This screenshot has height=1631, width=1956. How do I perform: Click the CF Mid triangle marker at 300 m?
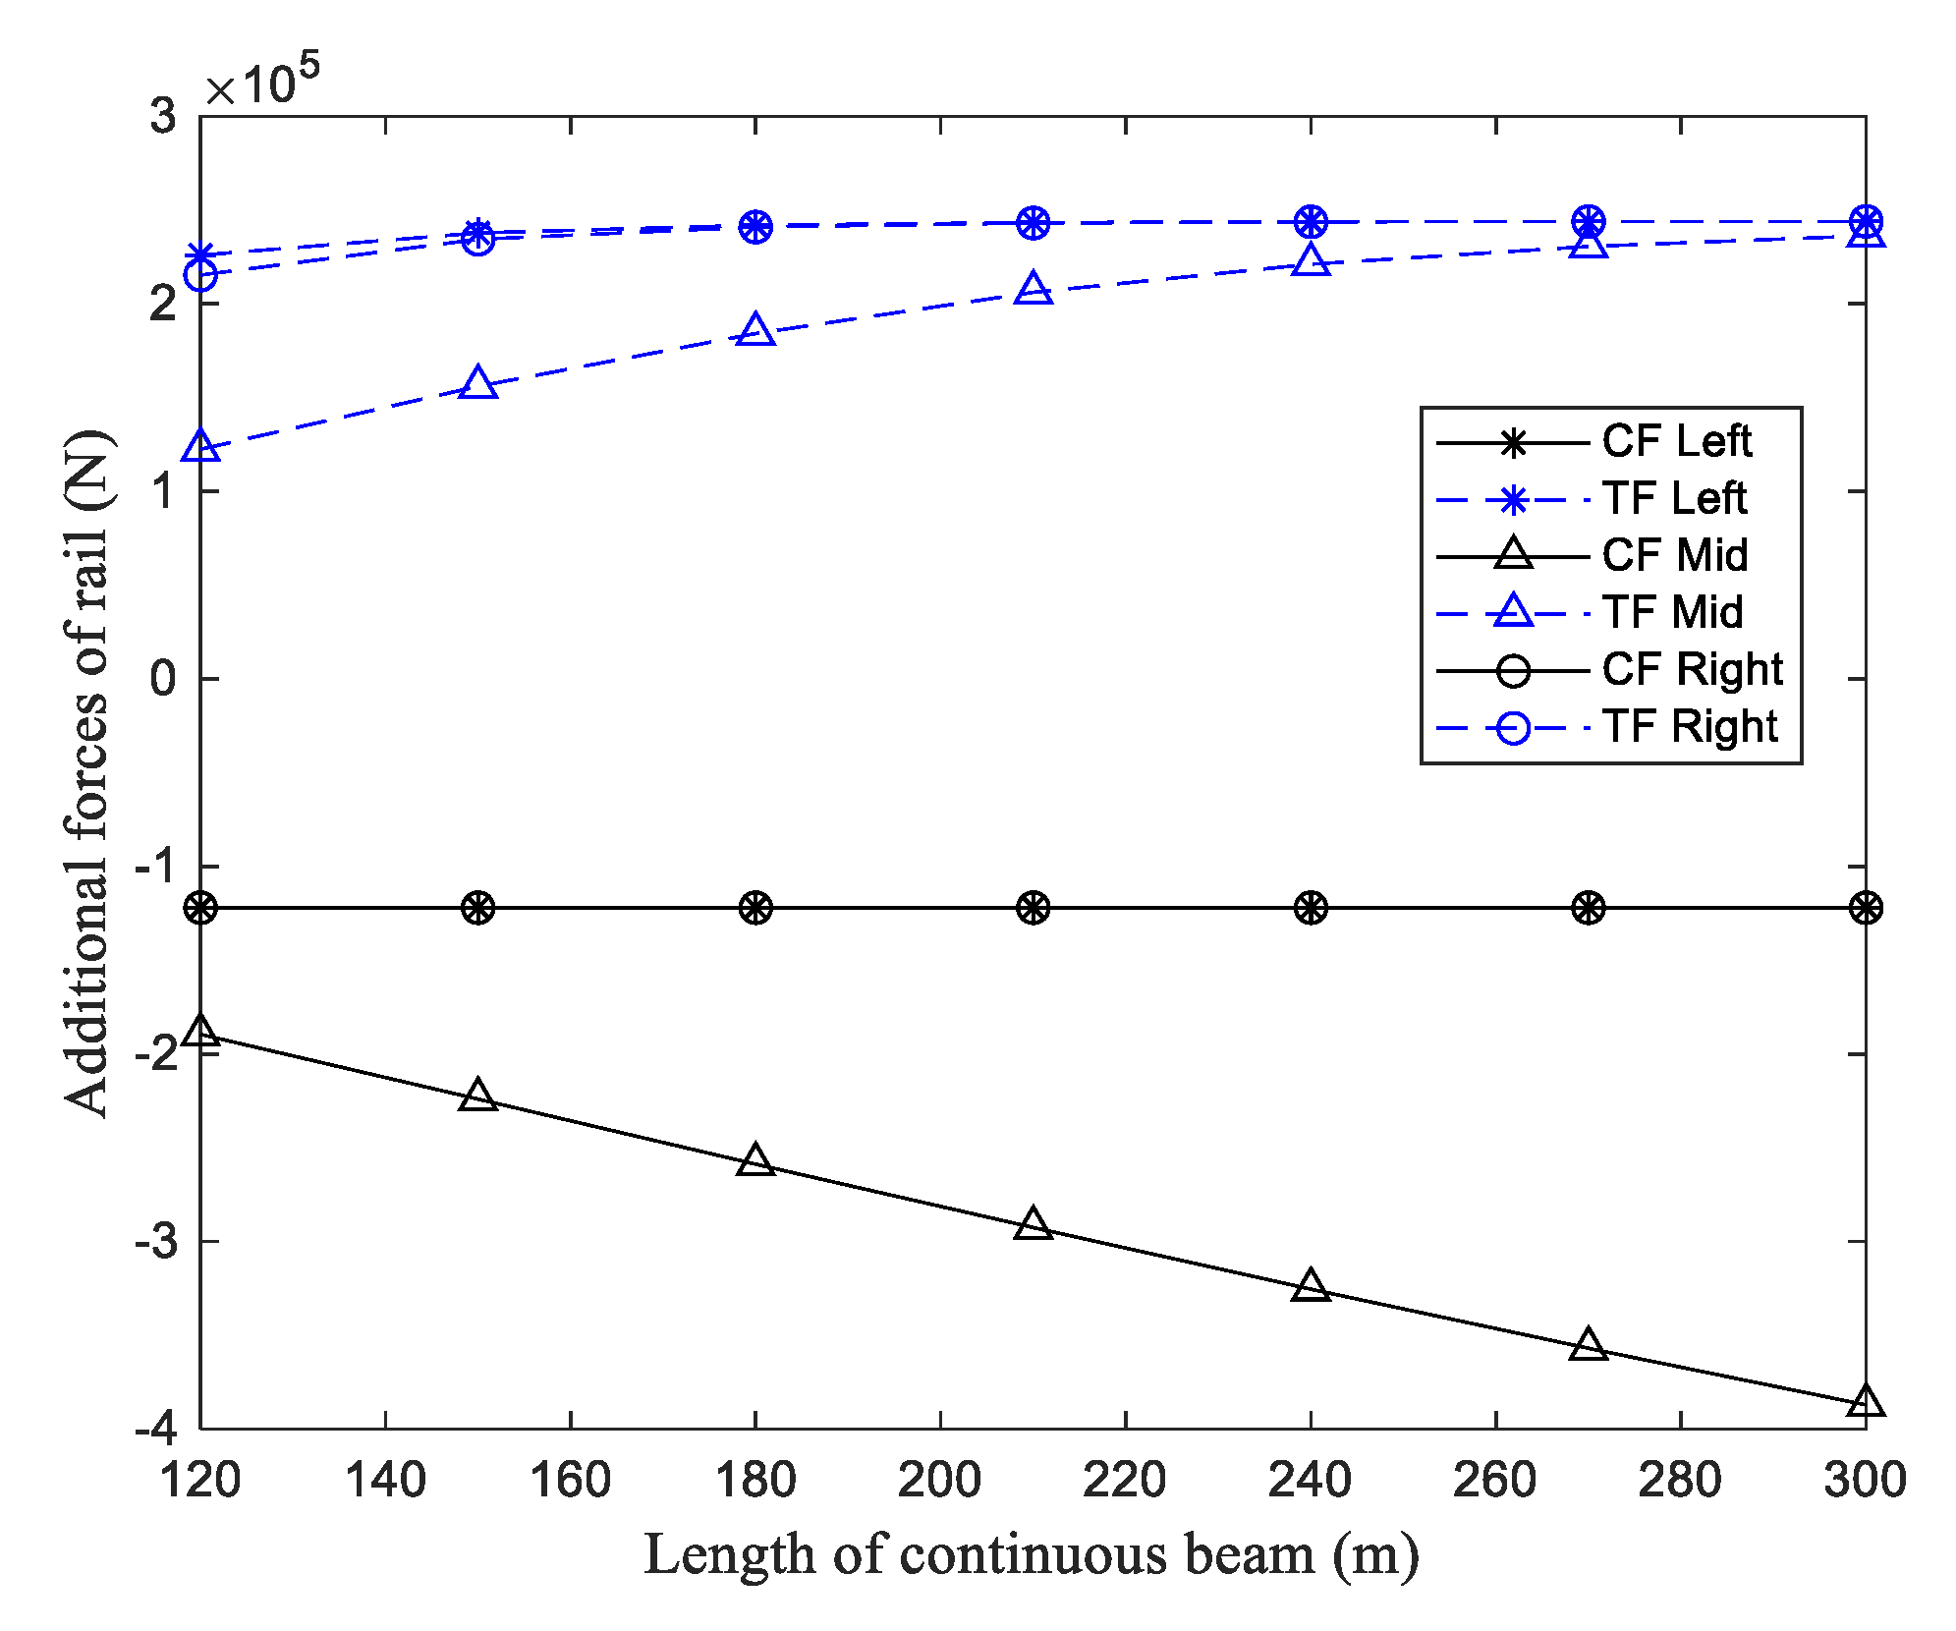point(1866,1402)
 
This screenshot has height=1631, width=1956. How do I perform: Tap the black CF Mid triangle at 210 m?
point(1033,1224)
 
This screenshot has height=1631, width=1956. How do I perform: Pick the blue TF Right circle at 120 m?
point(200,275)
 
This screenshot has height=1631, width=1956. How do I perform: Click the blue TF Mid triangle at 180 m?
point(755,331)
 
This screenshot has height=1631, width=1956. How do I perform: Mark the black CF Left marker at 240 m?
point(1311,908)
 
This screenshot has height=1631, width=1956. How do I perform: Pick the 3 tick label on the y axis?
point(163,116)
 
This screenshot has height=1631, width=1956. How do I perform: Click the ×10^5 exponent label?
point(261,81)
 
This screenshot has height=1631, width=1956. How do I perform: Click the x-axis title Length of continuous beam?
point(1031,1556)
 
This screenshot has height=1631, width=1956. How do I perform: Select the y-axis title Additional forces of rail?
point(88,772)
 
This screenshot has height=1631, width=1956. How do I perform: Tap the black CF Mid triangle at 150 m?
point(478,1096)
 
